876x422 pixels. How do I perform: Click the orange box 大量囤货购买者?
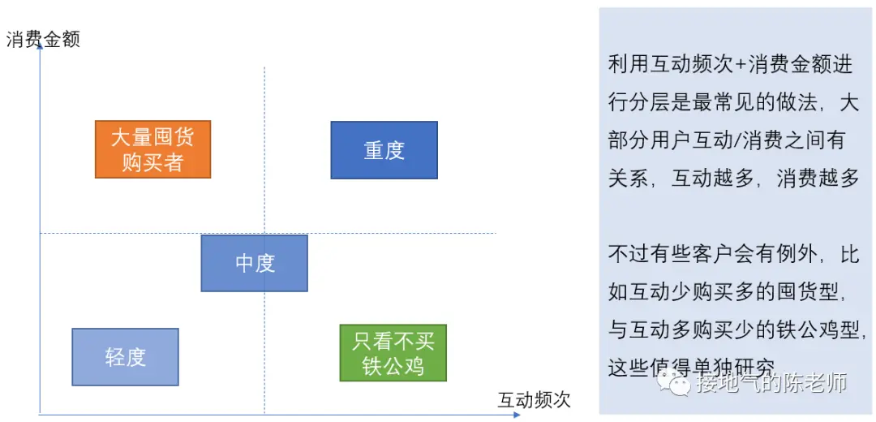(x=152, y=149)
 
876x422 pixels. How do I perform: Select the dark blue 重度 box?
(x=384, y=150)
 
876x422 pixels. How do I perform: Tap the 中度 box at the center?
(x=254, y=263)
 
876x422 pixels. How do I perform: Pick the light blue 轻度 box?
(x=125, y=357)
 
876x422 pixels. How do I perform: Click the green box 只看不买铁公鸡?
(x=393, y=353)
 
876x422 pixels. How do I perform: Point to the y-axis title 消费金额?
(x=44, y=40)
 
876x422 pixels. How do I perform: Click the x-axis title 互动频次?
(x=534, y=399)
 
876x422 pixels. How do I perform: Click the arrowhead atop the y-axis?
(x=40, y=45)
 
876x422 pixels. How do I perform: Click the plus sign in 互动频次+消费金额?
(x=739, y=66)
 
